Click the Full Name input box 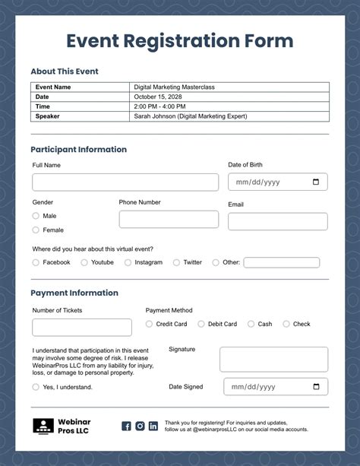[x=114, y=182]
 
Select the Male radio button [x=36, y=216]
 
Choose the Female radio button [x=36, y=230]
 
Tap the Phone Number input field [x=169, y=220]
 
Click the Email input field [x=277, y=221]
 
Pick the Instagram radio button [x=128, y=262]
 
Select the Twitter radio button [x=176, y=262]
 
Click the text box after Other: [x=281, y=262]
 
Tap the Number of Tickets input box [x=81, y=328]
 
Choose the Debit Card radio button [x=201, y=324]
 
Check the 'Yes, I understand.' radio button [x=36, y=387]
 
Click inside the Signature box [x=273, y=360]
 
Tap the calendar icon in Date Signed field [x=316, y=387]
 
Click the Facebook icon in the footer [x=127, y=426]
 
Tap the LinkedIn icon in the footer [x=153, y=426]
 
